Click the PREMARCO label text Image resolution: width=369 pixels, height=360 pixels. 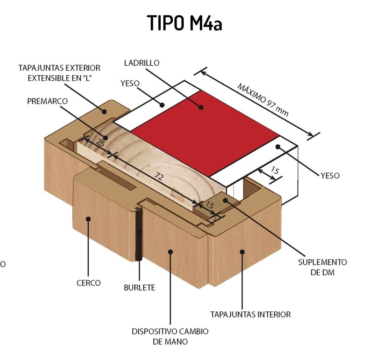(47, 101)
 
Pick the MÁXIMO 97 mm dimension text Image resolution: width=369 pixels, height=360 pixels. (263, 100)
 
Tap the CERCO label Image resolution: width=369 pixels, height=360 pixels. (88, 283)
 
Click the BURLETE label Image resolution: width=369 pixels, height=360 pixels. (139, 288)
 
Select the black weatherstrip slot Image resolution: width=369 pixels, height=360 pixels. (138, 234)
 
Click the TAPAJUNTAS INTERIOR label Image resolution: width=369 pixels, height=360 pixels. (250, 314)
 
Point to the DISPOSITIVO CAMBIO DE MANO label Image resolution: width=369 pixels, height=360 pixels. (170, 336)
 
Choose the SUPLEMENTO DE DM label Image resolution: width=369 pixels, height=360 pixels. (322, 267)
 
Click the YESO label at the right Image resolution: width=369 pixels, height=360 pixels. (330, 175)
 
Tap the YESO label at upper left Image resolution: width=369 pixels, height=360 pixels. (130, 84)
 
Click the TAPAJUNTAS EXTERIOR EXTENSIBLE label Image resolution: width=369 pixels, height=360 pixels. (59, 73)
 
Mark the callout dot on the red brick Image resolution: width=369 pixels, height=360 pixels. (201, 107)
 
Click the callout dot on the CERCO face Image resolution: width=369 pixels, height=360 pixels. (88, 218)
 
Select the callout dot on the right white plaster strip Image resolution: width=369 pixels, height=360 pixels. (277, 146)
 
